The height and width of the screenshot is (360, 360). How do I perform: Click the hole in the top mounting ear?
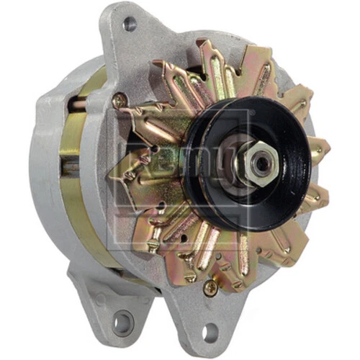130,24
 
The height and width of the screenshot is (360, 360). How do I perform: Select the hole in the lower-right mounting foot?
210,333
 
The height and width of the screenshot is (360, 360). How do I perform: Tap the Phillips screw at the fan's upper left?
120,101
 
